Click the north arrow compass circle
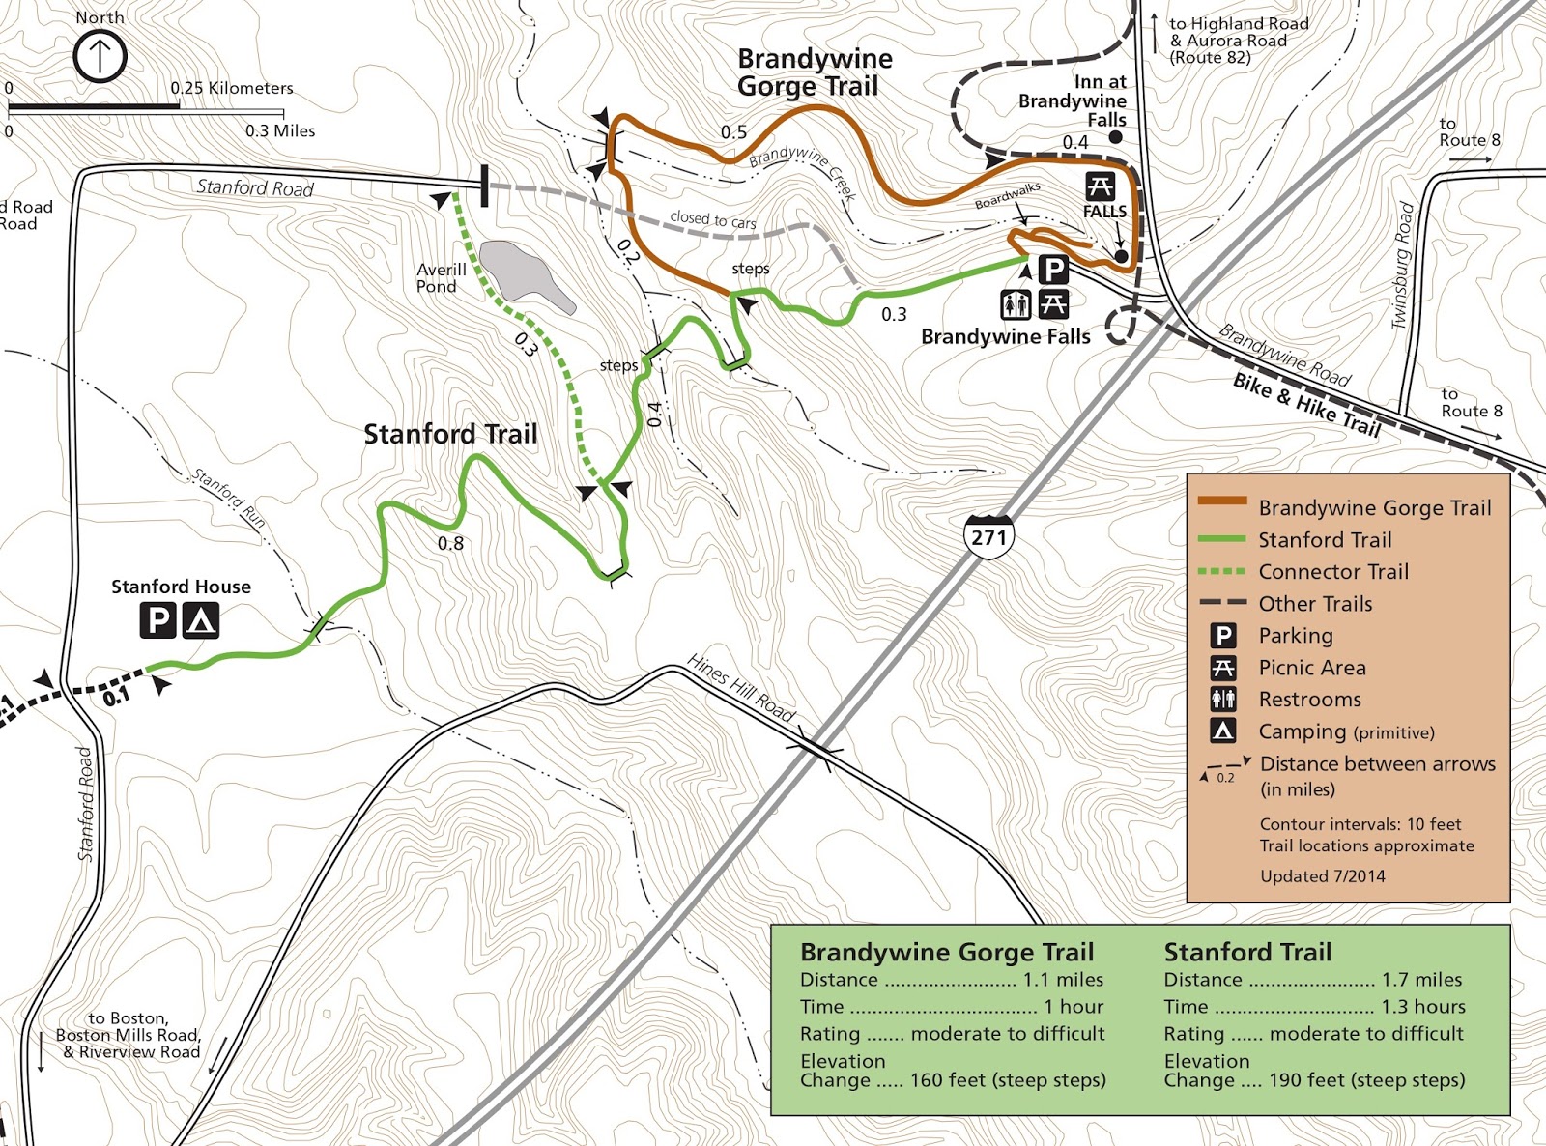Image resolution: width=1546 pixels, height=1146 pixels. (x=100, y=56)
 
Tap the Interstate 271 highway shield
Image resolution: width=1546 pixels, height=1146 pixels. (x=988, y=536)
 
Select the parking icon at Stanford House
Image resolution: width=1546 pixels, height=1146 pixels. (x=158, y=619)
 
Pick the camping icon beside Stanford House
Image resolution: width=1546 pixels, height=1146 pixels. (x=201, y=619)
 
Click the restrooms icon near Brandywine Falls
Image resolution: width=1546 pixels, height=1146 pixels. (x=1016, y=304)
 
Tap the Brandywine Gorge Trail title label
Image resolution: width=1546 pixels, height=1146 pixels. (x=814, y=72)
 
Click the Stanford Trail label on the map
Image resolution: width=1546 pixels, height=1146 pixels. (x=450, y=434)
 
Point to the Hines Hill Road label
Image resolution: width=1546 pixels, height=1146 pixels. (x=741, y=688)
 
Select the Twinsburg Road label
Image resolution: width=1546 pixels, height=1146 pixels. (x=1402, y=266)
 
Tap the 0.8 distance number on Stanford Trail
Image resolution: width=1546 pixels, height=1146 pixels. (x=450, y=543)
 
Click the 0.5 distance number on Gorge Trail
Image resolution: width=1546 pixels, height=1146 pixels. (x=733, y=131)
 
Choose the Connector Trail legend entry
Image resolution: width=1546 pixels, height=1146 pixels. (x=1333, y=571)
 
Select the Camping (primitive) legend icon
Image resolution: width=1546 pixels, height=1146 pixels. (x=1223, y=731)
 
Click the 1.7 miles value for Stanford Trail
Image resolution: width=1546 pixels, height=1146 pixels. (x=1421, y=980)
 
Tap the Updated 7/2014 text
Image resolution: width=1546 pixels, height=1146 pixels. (x=1322, y=876)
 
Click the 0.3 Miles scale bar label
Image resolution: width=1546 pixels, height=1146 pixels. (x=280, y=130)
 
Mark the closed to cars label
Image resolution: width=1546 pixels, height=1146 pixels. (x=713, y=219)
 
